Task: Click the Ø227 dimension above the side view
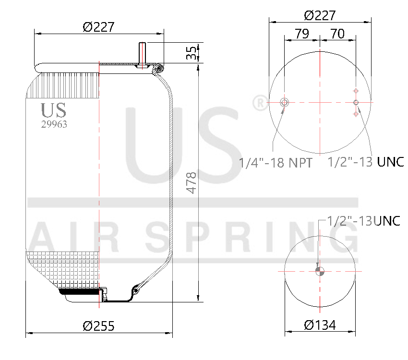98,27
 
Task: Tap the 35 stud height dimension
192,53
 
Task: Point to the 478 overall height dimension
192,182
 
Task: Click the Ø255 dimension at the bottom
98,326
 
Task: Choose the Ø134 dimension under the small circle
320,325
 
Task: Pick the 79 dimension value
301,34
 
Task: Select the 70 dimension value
337,34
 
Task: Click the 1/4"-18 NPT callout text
276,163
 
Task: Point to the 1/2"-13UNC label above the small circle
363,221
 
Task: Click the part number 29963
54,124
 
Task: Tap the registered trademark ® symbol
260,103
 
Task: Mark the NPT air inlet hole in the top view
284,102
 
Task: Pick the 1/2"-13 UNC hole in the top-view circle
356,102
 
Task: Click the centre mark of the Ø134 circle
320,271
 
